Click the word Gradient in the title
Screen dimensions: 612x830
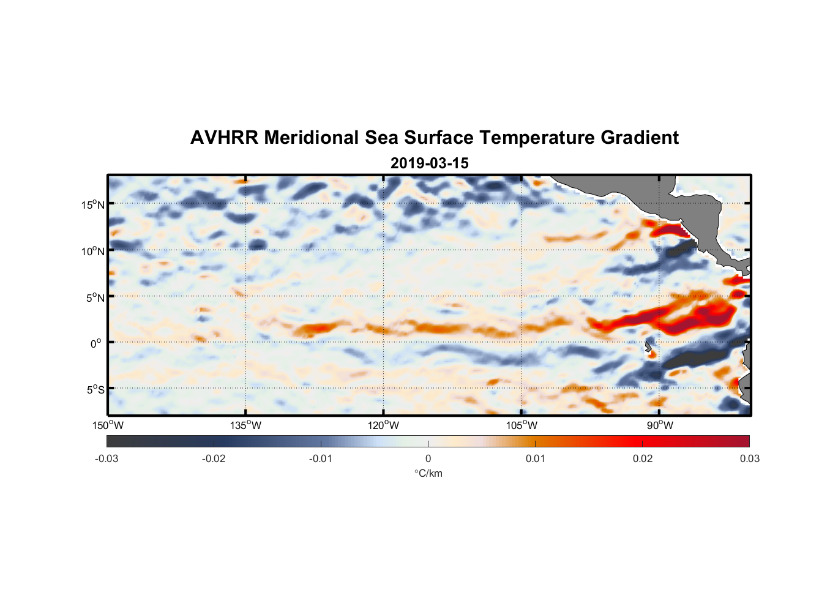(x=639, y=138)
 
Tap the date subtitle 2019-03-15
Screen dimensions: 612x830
(x=429, y=163)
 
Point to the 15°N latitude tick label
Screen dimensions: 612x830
(x=93, y=204)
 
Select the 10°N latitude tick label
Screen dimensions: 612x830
(x=93, y=251)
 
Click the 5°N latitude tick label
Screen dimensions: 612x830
(x=95, y=297)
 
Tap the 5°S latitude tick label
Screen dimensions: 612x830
(x=95, y=390)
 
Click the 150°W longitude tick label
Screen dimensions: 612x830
(x=108, y=425)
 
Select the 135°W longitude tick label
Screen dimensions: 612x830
(x=245, y=425)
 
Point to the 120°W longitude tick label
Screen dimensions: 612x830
(x=383, y=425)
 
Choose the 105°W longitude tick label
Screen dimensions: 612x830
(x=522, y=425)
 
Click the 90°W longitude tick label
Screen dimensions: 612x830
(x=659, y=425)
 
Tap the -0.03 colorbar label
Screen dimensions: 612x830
(x=107, y=458)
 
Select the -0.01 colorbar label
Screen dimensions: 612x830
(x=321, y=458)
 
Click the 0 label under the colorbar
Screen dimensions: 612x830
(x=428, y=458)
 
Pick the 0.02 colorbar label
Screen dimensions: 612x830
(x=643, y=458)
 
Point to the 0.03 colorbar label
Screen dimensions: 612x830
(x=749, y=458)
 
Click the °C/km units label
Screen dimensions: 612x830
(x=428, y=473)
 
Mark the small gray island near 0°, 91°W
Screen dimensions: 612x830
(x=648, y=347)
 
